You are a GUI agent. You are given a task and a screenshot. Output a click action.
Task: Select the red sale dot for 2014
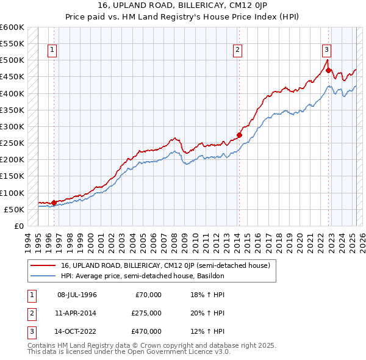pyautogui.click(x=239, y=135)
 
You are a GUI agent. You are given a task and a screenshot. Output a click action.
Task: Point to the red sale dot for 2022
pyautogui.click(x=328, y=70)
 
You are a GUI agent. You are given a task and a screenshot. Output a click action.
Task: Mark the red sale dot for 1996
pyautogui.click(x=54, y=203)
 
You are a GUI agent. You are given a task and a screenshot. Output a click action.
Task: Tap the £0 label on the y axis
pyautogui.click(x=18, y=226)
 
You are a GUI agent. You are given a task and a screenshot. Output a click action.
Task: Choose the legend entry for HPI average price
pyautogui.click(x=143, y=276)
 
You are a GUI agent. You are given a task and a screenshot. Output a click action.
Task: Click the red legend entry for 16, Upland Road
pyautogui.click(x=169, y=265)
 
